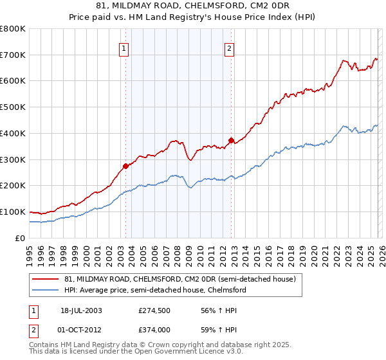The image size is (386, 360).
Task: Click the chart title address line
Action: pyautogui.click(x=193, y=6)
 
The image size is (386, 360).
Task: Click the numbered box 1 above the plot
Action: pyautogui.click(x=123, y=47)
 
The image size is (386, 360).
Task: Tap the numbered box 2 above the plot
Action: pyautogui.click(x=230, y=47)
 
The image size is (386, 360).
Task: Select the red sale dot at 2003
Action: pyautogui.click(x=125, y=166)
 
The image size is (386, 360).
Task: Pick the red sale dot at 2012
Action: pyautogui.click(x=231, y=139)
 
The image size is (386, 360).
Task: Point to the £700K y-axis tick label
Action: pyautogui.click(x=13, y=55)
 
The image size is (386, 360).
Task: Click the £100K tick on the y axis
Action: pyautogui.click(x=13, y=212)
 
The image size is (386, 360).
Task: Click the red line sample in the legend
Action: pyautogui.click(x=46, y=279)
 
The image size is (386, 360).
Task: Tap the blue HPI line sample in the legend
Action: pyautogui.click(x=46, y=290)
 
